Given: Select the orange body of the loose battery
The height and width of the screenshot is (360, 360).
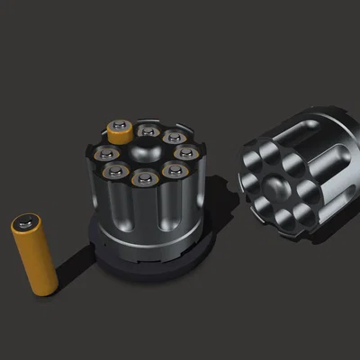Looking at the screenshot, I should point(36,256).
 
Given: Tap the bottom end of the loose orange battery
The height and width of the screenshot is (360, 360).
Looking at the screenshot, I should point(44,287).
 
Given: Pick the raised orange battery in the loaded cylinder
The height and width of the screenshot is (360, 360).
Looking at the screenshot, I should point(120,130).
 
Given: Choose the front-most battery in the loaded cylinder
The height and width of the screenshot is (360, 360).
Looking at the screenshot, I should point(143,177).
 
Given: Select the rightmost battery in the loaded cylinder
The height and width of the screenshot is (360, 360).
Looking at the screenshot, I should point(184,154).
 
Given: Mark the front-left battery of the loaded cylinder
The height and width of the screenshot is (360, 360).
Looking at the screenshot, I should point(114,169).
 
